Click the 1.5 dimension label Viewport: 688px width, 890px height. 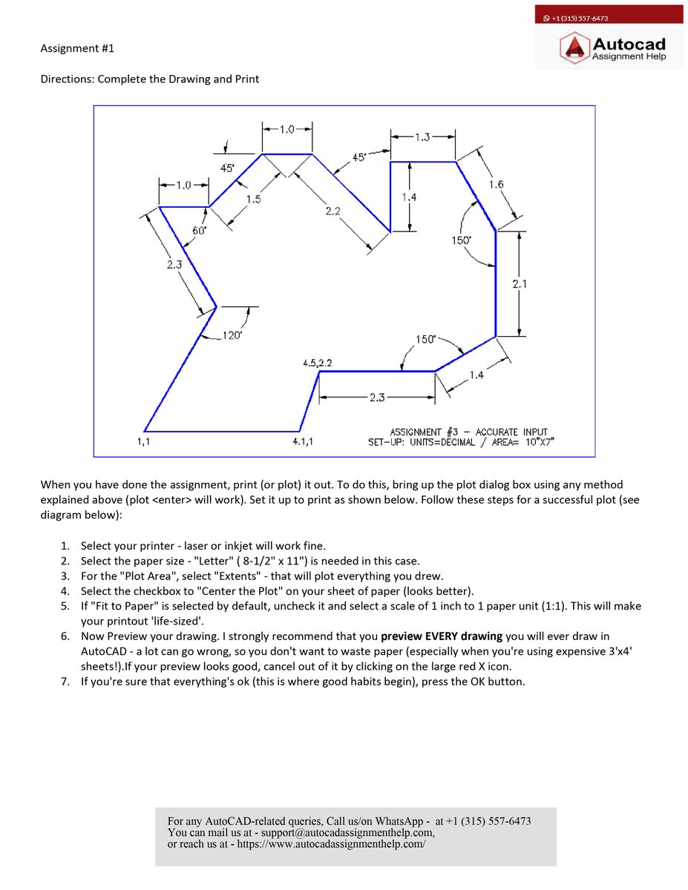254,199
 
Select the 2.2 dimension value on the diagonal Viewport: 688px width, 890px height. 332,211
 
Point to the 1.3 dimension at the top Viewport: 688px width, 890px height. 422,136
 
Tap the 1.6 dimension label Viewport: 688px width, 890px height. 497,184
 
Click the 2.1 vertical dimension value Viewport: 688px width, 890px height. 520,283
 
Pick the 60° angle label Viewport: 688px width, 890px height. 199,231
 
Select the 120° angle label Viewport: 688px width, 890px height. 232,336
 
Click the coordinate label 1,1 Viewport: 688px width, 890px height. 143,442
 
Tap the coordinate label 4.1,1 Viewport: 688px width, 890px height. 303,442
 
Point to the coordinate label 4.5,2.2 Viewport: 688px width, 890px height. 318,363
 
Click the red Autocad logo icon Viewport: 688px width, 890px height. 574,48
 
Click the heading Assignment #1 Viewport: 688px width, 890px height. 77,49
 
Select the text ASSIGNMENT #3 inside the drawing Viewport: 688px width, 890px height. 424,432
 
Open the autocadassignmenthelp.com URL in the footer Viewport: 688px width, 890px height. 331,844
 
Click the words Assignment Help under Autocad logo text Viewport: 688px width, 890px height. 629,56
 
